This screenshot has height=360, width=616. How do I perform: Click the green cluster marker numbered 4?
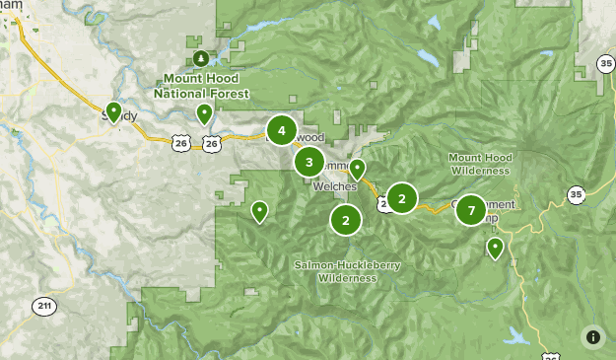click(x=282, y=130)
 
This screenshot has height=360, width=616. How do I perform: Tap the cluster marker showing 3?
click(x=309, y=162)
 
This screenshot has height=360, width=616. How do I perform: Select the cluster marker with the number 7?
click(x=471, y=210)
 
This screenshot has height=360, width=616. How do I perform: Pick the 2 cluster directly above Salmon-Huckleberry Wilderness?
click(x=345, y=220)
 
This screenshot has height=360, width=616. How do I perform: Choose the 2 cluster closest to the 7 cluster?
click(x=401, y=198)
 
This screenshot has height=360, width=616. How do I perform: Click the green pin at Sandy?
click(x=113, y=111)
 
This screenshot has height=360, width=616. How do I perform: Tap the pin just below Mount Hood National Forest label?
click(x=204, y=114)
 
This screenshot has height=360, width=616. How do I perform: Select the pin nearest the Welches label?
click(x=357, y=169)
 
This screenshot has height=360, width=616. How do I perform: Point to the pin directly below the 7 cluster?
click(x=495, y=248)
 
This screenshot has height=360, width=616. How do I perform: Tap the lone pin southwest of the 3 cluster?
click(x=259, y=210)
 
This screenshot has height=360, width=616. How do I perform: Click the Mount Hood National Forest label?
click(x=201, y=85)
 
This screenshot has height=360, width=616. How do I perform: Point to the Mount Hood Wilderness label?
click(x=479, y=164)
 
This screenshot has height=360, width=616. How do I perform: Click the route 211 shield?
click(x=43, y=305)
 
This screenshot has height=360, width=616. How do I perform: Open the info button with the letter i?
click(x=592, y=336)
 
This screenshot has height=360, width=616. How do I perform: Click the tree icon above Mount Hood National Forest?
click(x=201, y=58)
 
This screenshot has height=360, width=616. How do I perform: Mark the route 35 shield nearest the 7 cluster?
click(x=577, y=194)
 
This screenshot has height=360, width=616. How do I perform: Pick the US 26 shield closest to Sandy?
click(x=180, y=144)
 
